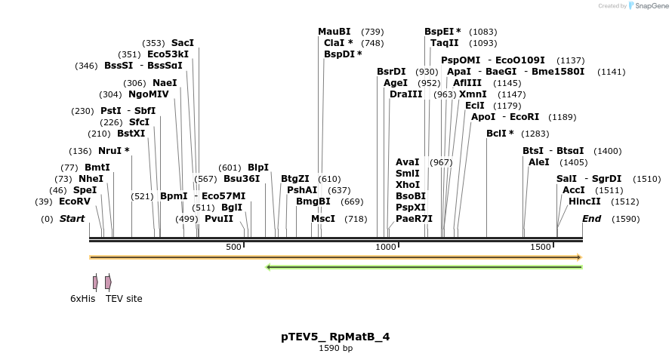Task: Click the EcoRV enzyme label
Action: pyautogui.click(x=74, y=202)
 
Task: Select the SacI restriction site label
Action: pyautogui.click(x=183, y=42)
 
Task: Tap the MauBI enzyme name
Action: pyautogui.click(x=334, y=32)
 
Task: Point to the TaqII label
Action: pyautogui.click(x=444, y=43)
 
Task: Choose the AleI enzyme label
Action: pyautogui.click(x=538, y=162)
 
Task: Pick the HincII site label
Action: pyautogui.click(x=584, y=202)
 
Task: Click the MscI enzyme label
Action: pyautogui.click(x=323, y=219)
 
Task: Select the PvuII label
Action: pyautogui.click(x=219, y=219)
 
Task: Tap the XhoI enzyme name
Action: pyautogui.click(x=408, y=185)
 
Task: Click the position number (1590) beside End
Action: pyautogui.click(x=625, y=219)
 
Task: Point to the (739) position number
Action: pyautogui.click(x=372, y=32)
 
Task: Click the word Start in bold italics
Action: pyautogui.click(x=72, y=219)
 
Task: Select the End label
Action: pyautogui.click(x=592, y=219)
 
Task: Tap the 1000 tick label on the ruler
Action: pyautogui.click(x=386, y=247)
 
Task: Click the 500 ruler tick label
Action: pyautogui.click(x=233, y=247)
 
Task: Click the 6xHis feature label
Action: pyautogui.click(x=83, y=299)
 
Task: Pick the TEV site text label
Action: pyautogui.click(x=124, y=299)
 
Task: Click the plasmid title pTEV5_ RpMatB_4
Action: pyautogui.click(x=335, y=337)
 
